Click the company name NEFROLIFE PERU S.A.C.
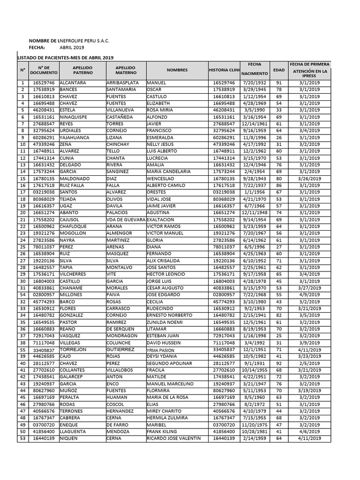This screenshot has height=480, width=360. tap(84, 41)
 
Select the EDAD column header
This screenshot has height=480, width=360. tap(278, 70)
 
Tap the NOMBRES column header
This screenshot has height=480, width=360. tap(177, 70)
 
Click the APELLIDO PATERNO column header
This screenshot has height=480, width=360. tap(82, 70)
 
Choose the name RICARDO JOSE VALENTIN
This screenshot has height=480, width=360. tap(173, 438)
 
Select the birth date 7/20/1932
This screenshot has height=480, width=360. tap(255, 83)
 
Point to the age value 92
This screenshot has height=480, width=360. tap(278, 363)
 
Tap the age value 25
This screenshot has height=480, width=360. tap(278, 336)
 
